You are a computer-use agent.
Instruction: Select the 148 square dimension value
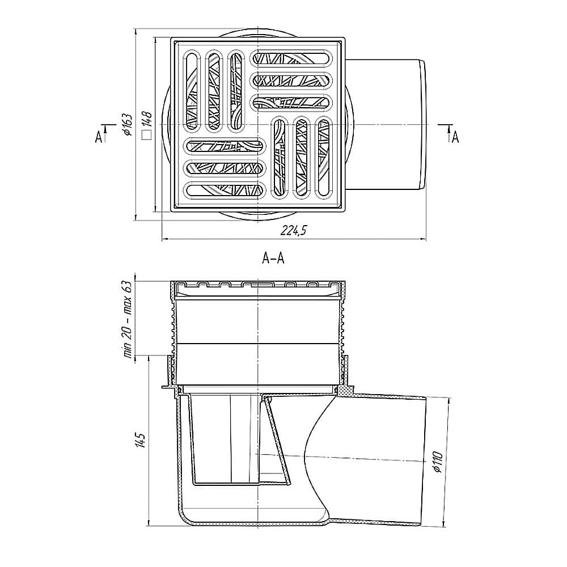tap(146, 120)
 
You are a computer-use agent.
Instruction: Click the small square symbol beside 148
tap(146, 135)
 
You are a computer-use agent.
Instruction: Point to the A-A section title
tap(273, 259)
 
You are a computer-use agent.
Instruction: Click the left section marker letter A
tap(99, 137)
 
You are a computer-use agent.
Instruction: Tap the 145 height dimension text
tap(140, 441)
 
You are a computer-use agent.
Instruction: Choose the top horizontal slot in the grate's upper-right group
tap(293, 58)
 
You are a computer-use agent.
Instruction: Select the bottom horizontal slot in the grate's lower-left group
tap(226, 191)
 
